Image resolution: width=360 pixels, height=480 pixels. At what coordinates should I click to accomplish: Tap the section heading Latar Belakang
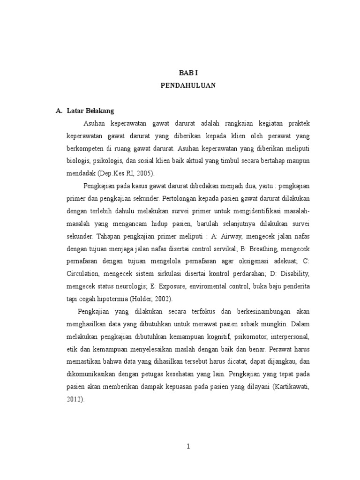[90, 111]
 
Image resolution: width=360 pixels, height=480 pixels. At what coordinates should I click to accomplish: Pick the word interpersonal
[287, 337]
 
